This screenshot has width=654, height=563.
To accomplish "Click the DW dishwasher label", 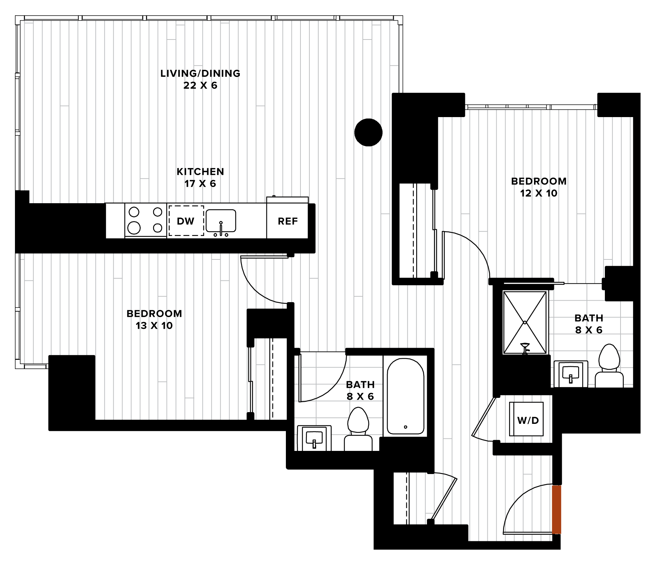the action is (185, 221).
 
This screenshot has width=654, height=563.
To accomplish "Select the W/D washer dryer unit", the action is (527, 419).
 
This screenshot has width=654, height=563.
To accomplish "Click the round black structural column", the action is (368, 132).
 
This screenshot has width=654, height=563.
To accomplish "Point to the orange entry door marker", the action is (556, 509).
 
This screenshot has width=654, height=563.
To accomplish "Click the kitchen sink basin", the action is (221, 221).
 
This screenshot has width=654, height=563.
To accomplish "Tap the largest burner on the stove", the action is (134, 227).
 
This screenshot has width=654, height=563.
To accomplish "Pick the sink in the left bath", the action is (314, 438).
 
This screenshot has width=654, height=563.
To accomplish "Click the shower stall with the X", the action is (525, 322).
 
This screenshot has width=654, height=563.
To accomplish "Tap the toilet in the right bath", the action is (609, 366).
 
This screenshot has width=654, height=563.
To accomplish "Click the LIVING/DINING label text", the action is (200, 73).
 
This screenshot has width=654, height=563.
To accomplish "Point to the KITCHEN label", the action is (200, 172).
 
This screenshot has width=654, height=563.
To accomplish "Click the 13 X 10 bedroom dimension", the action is (154, 326).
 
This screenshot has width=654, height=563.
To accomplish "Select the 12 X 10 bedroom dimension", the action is (539, 193).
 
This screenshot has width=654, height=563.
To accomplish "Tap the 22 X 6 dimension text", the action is (200, 85).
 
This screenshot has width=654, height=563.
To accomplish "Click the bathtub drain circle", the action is (406, 427).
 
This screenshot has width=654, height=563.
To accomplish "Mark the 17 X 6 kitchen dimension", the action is (200, 184).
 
